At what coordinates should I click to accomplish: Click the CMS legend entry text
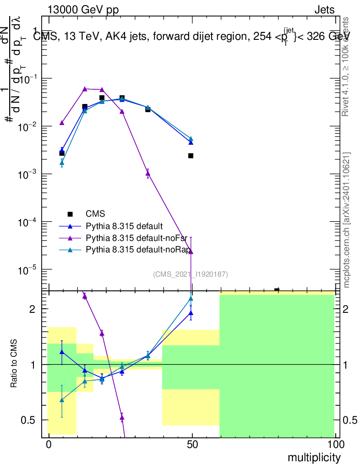click(95, 214)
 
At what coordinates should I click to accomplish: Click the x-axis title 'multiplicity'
click(314, 458)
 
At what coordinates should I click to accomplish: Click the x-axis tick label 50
click(192, 444)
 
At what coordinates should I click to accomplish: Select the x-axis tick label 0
click(48, 444)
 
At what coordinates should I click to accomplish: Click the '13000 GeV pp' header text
click(82, 10)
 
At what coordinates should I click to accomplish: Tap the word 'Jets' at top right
click(324, 10)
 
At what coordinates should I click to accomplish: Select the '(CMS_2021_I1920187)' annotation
click(191, 274)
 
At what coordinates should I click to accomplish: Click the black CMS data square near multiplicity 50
click(191, 156)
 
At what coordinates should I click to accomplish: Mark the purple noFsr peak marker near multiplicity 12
click(85, 89)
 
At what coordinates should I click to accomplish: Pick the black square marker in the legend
click(70, 214)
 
